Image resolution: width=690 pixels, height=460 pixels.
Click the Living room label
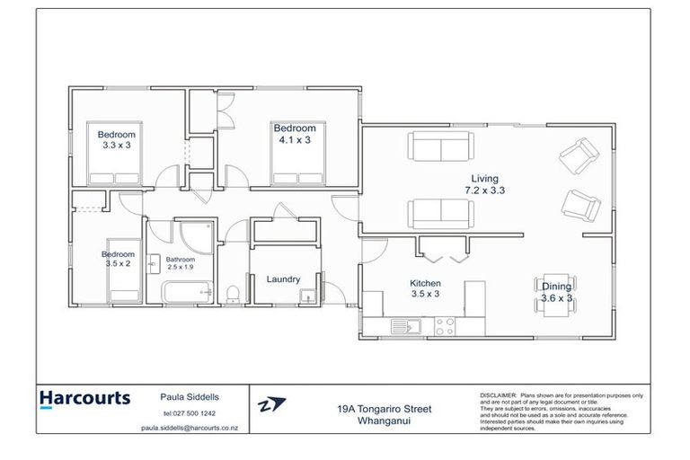tap(481, 184)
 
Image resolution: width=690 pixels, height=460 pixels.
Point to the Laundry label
tap(283, 279)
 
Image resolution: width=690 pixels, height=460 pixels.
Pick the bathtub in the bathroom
tap(187, 291)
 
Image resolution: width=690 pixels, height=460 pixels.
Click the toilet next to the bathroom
tap(233, 291)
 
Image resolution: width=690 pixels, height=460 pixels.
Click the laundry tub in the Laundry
tap(310, 293)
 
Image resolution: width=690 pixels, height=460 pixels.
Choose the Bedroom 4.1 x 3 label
tap(295, 134)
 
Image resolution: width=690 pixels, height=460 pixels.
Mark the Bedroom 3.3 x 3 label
tap(117, 139)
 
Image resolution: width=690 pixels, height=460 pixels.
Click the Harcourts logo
tap(85, 399)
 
